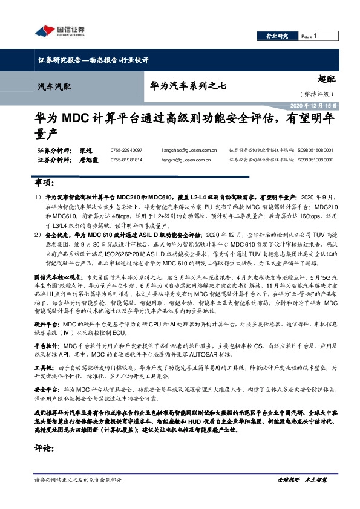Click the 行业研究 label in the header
point(277,36)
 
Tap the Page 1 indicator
point(309,36)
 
